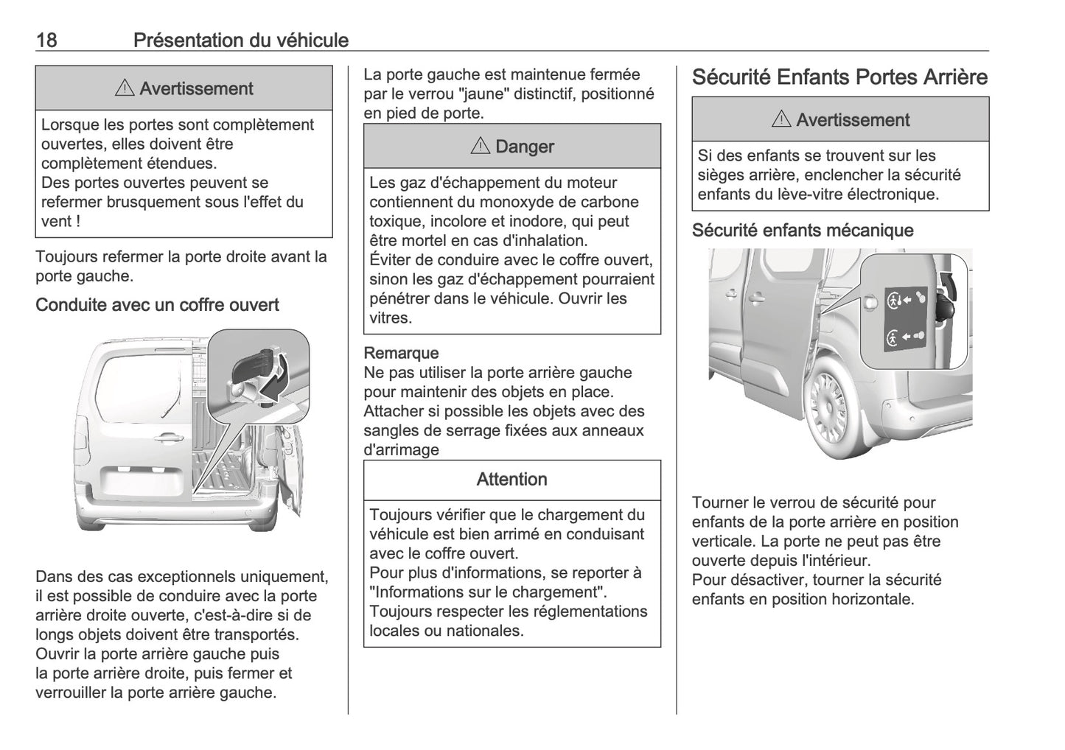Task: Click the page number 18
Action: [46, 40]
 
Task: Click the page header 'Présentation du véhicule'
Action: [240, 40]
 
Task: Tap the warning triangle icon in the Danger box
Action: [479, 147]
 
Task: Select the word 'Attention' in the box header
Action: [511, 480]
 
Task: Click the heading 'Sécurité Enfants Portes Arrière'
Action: [839, 77]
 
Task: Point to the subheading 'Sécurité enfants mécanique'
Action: [802, 231]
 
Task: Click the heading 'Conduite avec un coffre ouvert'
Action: [157, 305]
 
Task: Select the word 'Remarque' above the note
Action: [401, 354]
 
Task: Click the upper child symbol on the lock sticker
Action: [894, 300]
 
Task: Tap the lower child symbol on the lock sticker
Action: [893, 338]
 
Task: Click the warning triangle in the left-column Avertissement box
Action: [124, 89]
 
